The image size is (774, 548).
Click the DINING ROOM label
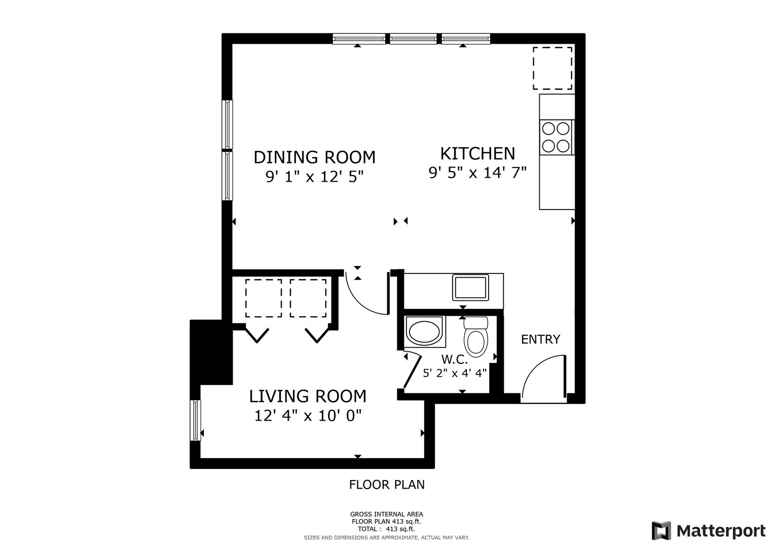(x=314, y=157)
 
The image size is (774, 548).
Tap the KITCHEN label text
(x=477, y=154)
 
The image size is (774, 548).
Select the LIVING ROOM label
(x=308, y=396)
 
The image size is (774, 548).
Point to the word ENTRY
(x=540, y=339)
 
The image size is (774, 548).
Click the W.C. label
(x=454, y=360)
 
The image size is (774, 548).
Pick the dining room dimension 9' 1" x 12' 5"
(x=314, y=177)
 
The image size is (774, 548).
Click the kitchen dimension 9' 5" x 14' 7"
(x=477, y=173)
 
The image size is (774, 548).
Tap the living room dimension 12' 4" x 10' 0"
(x=308, y=416)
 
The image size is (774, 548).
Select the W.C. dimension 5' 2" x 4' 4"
(x=455, y=373)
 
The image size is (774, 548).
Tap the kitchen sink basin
(x=470, y=288)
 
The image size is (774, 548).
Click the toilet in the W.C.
(x=476, y=337)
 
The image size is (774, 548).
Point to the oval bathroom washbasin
(x=424, y=331)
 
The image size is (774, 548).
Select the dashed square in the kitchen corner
(x=552, y=68)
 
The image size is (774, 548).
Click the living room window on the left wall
(x=196, y=420)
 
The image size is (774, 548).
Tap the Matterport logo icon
(x=661, y=531)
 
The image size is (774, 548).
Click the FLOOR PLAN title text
(x=387, y=485)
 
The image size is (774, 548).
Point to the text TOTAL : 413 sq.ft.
(x=386, y=529)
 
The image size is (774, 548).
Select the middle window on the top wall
(x=413, y=39)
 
